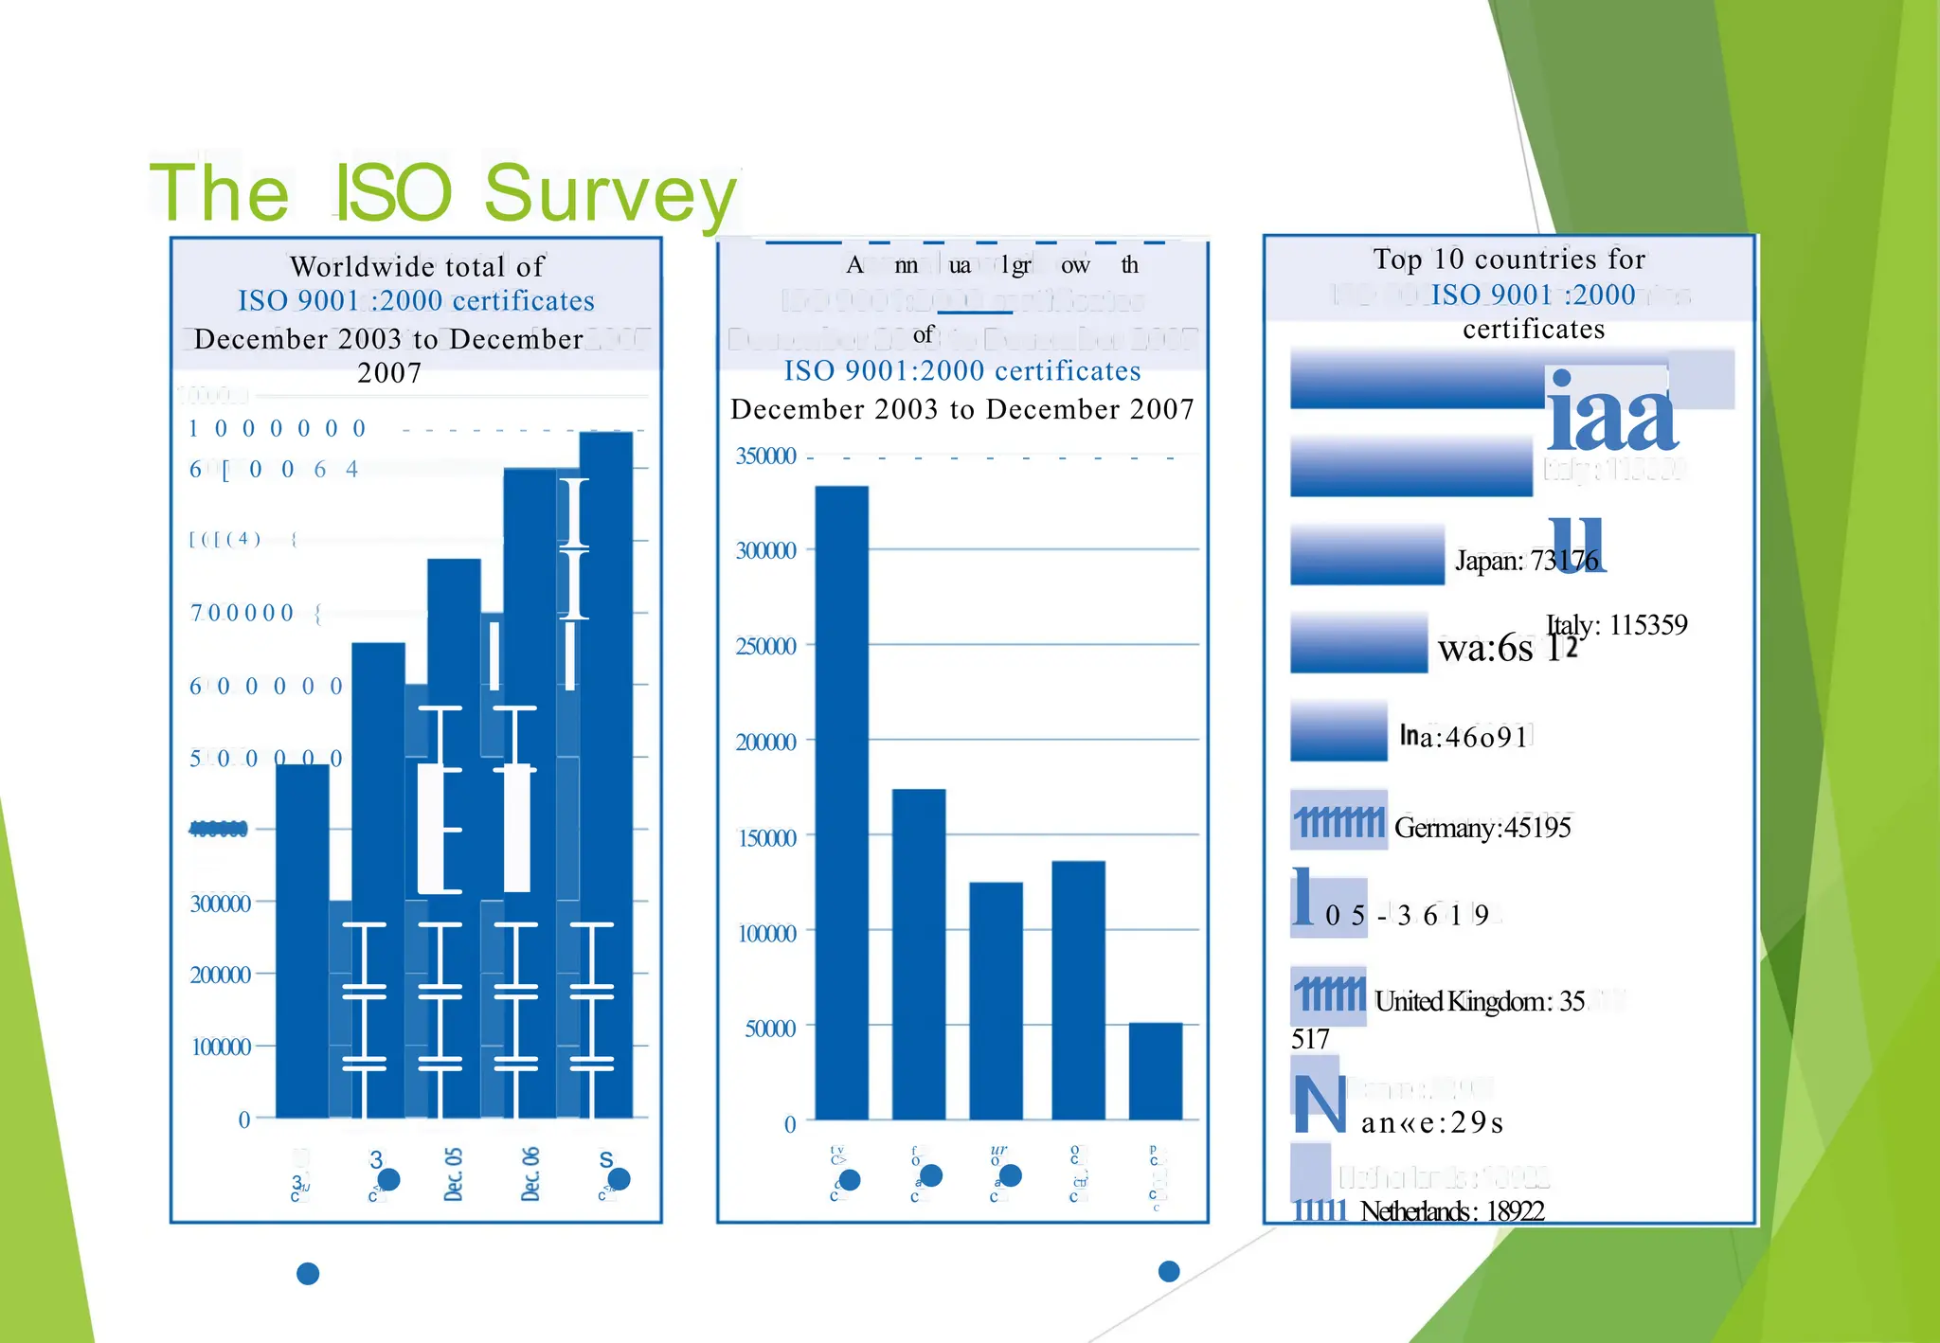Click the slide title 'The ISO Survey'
point(442,192)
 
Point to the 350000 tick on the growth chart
point(765,457)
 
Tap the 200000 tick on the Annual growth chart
point(765,743)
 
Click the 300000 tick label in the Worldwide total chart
point(220,904)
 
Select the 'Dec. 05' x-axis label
point(454,1174)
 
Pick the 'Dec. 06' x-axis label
point(530,1174)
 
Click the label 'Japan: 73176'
point(1525,561)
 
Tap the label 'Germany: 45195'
point(1482,828)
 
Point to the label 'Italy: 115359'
point(1616,625)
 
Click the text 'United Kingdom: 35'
point(1479,1001)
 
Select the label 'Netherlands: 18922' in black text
point(1451,1211)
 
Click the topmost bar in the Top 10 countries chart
point(1416,379)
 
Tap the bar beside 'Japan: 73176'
point(1367,555)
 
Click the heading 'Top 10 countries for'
point(1509,259)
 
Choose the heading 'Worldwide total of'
point(417,266)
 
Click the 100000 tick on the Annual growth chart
point(765,934)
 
